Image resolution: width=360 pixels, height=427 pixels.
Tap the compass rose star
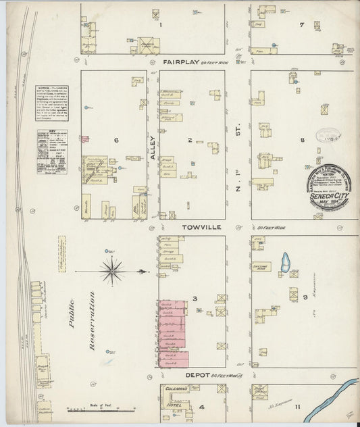pyautogui.click(x=111, y=272)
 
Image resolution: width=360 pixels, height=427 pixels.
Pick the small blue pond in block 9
pyautogui.click(x=285, y=262)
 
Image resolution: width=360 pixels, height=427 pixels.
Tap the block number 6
pyautogui.click(x=116, y=141)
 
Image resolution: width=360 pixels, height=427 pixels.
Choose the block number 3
pyautogui.click(x=194, y=298)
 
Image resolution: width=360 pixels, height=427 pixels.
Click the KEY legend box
pyautogui.click(x=52, y=152)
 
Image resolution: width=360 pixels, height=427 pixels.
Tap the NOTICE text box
pyautogui.click(x=52, y=105)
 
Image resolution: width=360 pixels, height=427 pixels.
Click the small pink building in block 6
pyautogui.click(x=85, y=139)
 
